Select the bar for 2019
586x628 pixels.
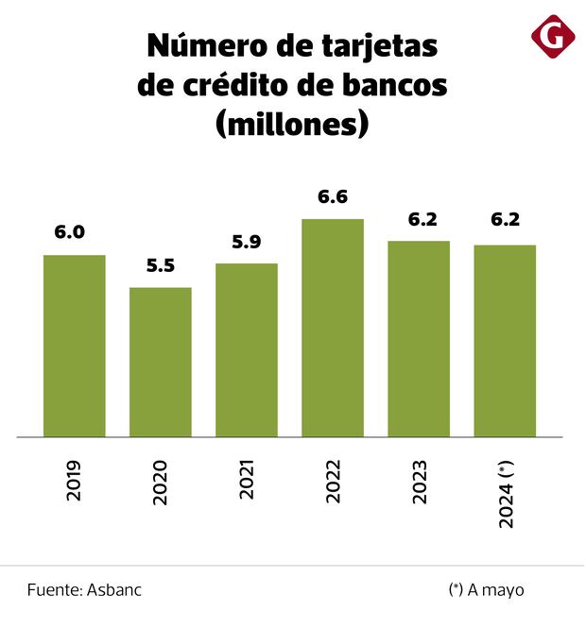pos(74,346)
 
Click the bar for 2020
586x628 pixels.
pos(161,362)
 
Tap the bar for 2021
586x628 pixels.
pos(247,349)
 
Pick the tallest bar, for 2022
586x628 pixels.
pos(333,328)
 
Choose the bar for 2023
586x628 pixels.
pos(419,338)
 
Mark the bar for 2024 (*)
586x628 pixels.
pos(505,340)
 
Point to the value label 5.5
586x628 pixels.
pos(161,265)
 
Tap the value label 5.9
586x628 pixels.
pos(247,242)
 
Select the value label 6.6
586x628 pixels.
pos(333,196)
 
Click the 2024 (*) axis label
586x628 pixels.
pos(506,493)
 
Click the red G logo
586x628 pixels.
pos(553,36)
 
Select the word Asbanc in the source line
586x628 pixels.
pos(114,590)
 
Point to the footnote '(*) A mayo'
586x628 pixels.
pos(486,590)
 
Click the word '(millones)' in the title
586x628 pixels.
pos(292,123)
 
